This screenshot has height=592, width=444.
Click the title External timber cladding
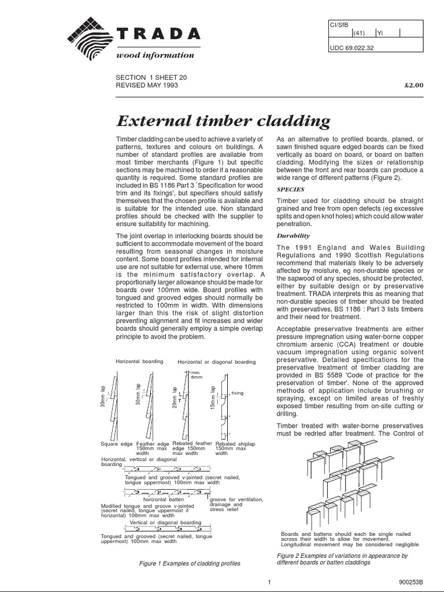224,121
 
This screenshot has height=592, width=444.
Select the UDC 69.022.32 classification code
351,48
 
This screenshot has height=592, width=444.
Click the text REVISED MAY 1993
147,85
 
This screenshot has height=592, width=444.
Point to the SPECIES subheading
291,188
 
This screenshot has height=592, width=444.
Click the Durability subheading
294,236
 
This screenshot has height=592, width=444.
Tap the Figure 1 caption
190,563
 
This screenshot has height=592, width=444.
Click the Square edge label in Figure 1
117,444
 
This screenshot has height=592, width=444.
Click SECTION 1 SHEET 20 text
151,77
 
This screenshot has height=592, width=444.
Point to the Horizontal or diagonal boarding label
216,362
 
